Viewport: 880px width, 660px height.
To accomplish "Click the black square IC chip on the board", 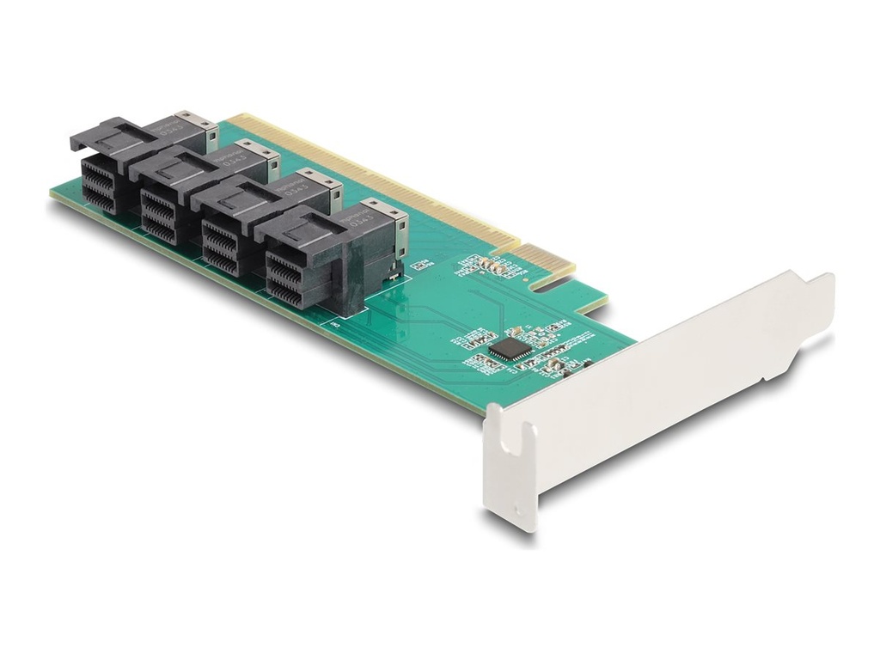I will [x=510, y=348].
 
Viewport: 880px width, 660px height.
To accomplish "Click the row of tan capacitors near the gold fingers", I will [x=493, y=264].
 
